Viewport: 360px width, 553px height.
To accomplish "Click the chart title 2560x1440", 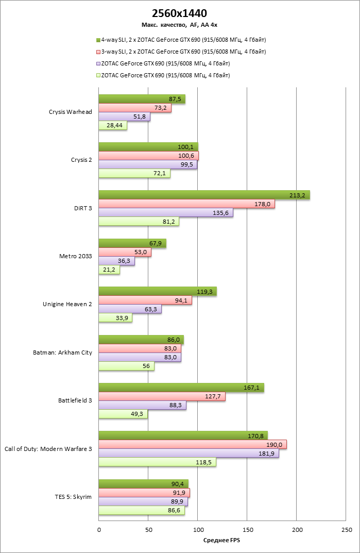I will (x=180, y=13).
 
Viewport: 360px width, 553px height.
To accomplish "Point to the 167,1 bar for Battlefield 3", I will (x=181, y=388).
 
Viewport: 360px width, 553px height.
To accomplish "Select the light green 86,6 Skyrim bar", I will (x=141, y=511).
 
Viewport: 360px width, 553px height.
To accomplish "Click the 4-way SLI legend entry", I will (x=183, y=40).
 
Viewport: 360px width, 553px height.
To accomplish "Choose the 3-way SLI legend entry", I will (x=183, y=52).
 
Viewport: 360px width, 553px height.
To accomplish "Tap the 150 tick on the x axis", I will (x=247, y=529).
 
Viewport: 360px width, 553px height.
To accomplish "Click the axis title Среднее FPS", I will (x=222, y=540).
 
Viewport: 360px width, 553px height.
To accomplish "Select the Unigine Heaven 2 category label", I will (x=67, y=304).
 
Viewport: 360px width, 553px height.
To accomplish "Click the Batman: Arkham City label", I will (x=62, y=353).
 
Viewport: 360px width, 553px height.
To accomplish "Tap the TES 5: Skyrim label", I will (x=73, y=497).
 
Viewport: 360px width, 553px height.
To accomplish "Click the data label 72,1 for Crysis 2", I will (x=160, y=174).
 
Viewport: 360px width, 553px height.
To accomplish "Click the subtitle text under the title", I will (x=180, y=24).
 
